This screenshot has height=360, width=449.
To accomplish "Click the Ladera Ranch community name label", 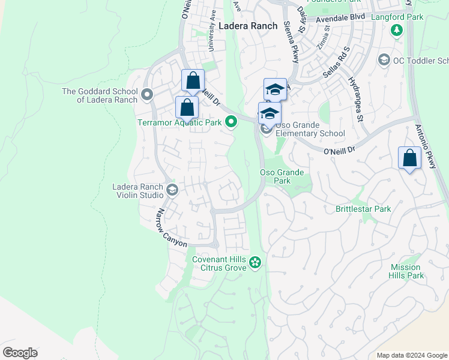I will coord(248,26).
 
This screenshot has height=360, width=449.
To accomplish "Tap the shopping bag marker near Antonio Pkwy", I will coord(409,159).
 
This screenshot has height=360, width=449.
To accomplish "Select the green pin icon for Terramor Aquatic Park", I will coord(232,122).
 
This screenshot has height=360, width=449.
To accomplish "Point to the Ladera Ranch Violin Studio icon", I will coord(172,191).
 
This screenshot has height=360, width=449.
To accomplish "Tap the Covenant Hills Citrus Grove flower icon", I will coord(255,262).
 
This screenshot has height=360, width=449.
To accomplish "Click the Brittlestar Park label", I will coord(363,209).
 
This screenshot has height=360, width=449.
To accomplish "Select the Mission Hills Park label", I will coord(407,271).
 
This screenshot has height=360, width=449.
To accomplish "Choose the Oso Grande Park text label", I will coord(282,176).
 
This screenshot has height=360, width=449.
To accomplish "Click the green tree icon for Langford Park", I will coord(396,30).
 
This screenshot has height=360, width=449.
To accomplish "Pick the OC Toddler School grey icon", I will coord(383,60).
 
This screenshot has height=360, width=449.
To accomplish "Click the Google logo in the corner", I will coord(20,353).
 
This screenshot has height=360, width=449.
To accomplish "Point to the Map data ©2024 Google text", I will coord(411,355).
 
